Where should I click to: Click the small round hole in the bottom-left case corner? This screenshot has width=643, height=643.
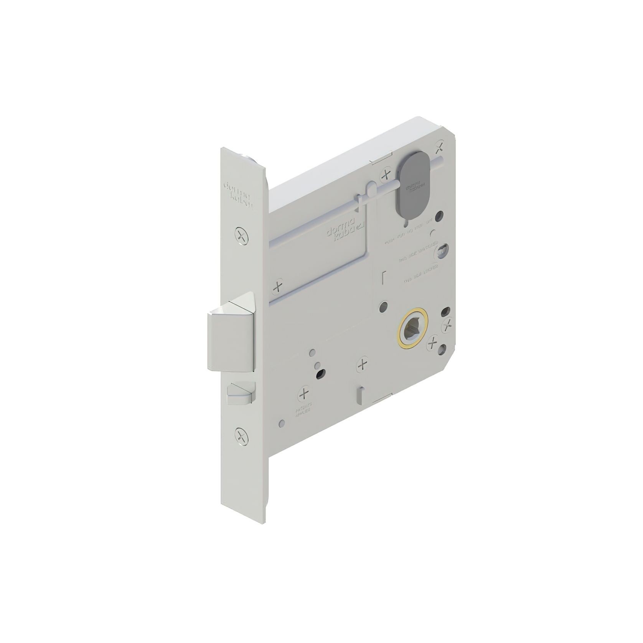[282, 422]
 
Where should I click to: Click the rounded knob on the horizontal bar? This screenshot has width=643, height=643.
[371, 188]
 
